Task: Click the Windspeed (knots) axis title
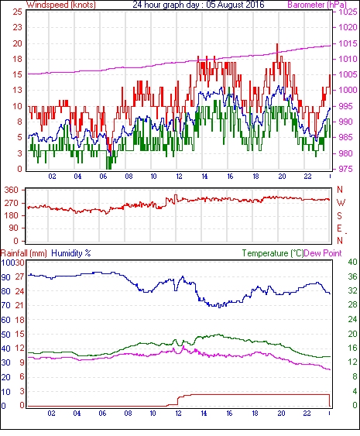pyautogui.click(x=61, y=5)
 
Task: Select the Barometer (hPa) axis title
pyautogui.click(x=317, y=5)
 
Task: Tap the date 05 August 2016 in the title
pyautogui.click(x=235, y=5)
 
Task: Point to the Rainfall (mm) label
pyautogui.click(x=24, y=253)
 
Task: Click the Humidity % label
pyautogui.click(x=71, y=253)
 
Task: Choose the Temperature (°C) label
pyautogui.click(x=273, y=253)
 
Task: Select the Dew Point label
pyautogui.click(x=323, y=253)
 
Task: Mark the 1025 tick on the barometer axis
pyautogui.click(x=348, y=12)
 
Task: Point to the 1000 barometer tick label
pyautogui.click(x=348, y=90)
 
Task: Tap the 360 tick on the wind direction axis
pyautogui.click(x=12, y=191)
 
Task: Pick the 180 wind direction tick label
pyautogui.click(x=12, y=215)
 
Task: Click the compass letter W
pyautogui.click(x=341, y=203)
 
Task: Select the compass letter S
pyautogui.click(x=339, y=215)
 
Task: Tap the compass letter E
pyautogui.click(x=339, y=228)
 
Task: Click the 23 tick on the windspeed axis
pyautogui.click(x=17, y=28)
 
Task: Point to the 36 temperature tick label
pyautogui.click(x=352, y=276)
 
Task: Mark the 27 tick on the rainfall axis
pyautogui.click(x=19, y=277)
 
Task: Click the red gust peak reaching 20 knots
pyautogui.click(x=277, y=44)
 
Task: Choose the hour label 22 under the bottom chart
pyautogui.click(x=307, y=414)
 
